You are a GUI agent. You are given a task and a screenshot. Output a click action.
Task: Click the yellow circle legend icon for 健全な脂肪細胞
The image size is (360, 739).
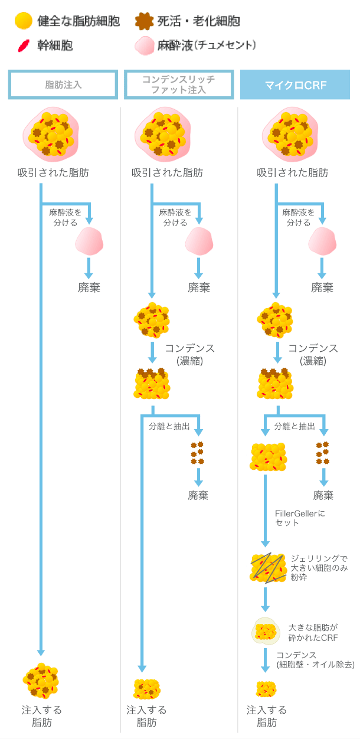(23, 22)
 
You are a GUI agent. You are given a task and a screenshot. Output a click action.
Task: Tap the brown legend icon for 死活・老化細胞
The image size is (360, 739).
(143, 22)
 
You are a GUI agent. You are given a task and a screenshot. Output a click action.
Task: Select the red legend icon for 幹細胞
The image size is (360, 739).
(23, 45)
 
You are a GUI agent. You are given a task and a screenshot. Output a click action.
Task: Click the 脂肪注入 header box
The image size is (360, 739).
(63, 84)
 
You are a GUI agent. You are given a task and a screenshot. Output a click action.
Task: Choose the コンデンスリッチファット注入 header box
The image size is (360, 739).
(179, 84)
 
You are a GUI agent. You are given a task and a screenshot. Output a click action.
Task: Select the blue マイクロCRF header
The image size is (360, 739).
(294, 84)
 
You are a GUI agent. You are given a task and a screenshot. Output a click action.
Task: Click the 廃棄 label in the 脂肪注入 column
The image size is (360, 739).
(89, 287)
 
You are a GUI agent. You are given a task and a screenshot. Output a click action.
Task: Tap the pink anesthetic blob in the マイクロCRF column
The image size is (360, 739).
(322, 241)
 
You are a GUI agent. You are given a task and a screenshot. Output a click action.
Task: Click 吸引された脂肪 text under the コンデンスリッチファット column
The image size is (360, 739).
(167, 173)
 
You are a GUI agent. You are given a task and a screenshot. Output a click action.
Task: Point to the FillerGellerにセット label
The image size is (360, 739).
(300, 518)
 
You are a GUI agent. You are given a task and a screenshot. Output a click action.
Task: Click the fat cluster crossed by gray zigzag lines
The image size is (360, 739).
(267, 568)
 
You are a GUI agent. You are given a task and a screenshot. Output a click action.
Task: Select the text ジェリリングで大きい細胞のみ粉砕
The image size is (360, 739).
(319, 567)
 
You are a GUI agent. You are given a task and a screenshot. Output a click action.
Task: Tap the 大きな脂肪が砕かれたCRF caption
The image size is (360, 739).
(313, 632)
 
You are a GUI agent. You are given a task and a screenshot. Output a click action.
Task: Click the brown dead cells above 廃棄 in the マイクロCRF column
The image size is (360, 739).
(322, 453)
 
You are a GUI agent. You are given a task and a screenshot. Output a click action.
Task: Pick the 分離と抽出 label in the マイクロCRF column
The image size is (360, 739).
(294, 426)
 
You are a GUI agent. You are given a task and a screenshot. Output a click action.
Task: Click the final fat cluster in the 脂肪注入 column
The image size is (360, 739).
(41, 681)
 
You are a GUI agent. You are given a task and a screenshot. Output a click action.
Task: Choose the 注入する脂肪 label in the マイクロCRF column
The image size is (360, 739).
(267, 716)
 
